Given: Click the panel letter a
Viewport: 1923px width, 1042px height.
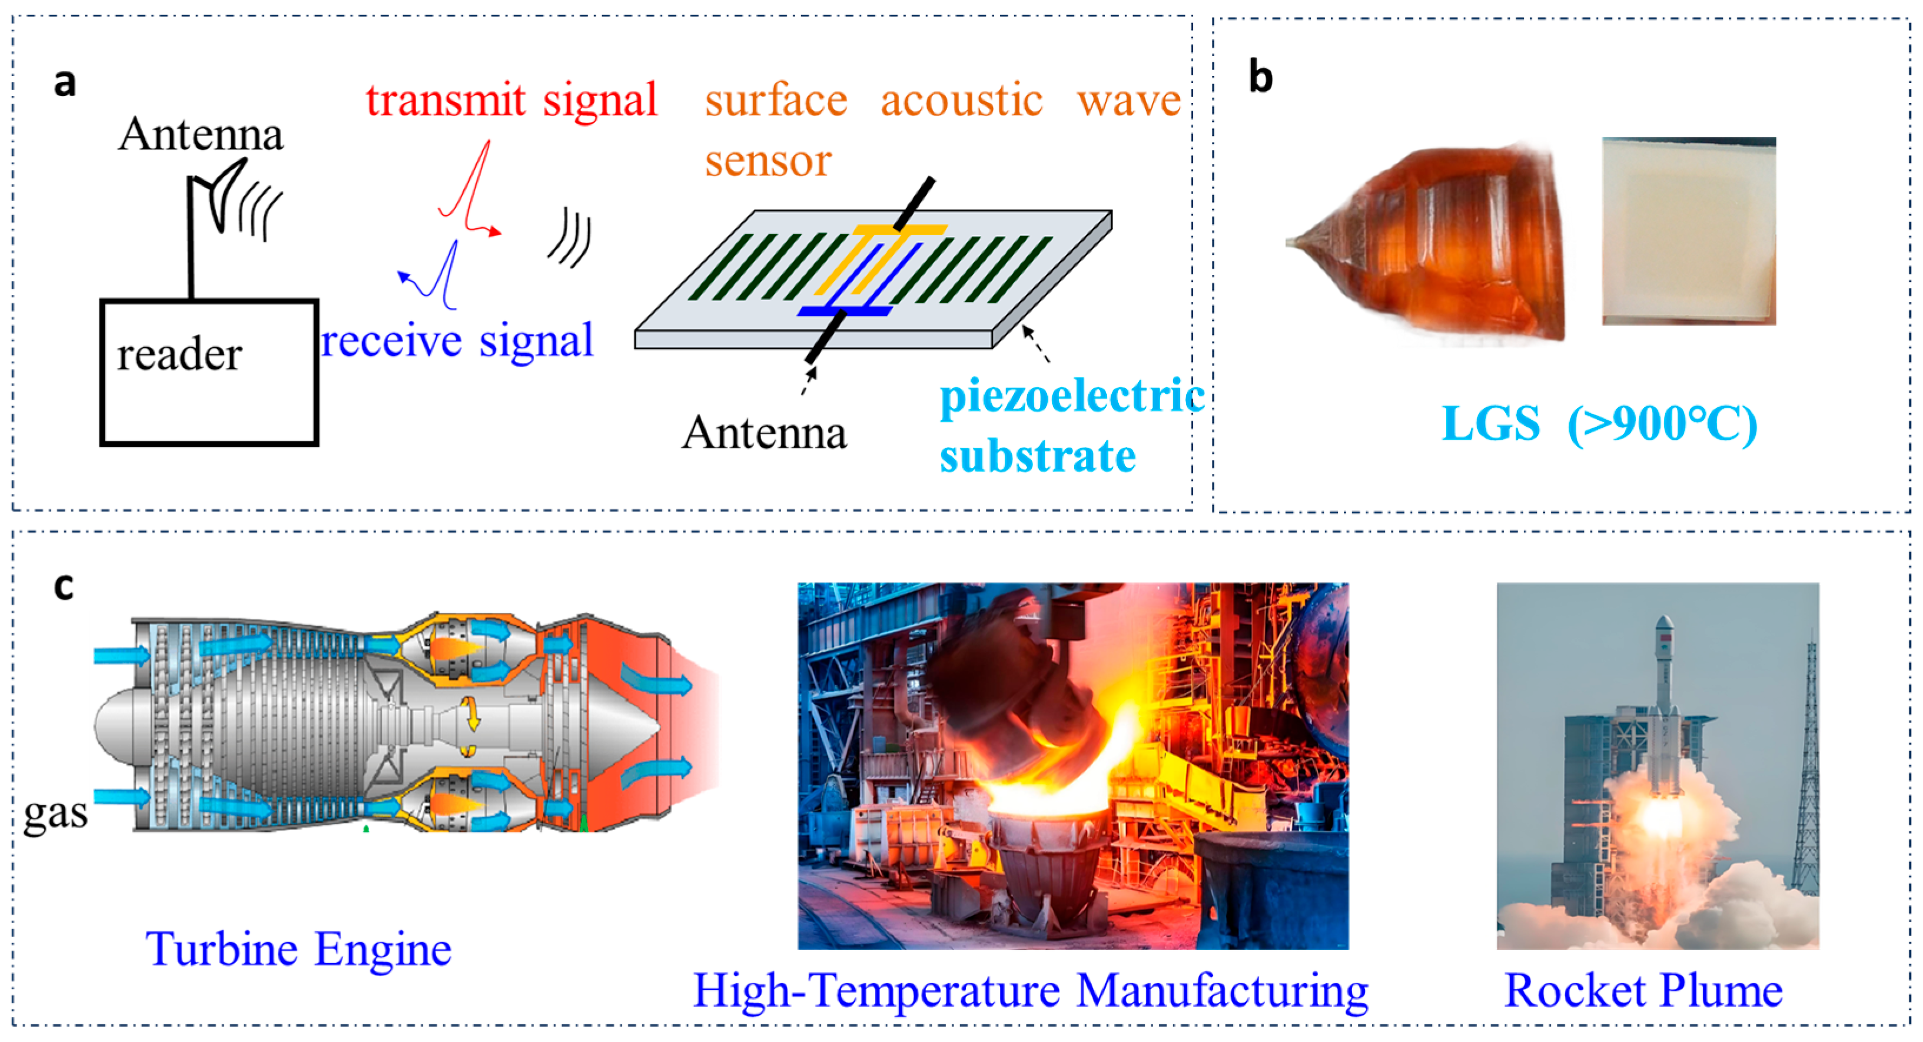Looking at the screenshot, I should [65, 82].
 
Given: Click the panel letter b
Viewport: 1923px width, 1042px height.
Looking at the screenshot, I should [1261, 77].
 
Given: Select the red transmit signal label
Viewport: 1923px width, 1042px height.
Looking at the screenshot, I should [512, 100].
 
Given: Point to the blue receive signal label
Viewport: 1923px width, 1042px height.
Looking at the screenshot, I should [457, 341].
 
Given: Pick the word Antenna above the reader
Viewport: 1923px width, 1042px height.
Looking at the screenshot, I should [201, 134].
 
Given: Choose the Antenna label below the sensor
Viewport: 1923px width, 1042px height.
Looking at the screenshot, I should [763, 433].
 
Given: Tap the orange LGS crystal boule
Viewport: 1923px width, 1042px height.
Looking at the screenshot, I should [1441, 243].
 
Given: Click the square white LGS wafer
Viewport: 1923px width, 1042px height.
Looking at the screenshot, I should [1689, 231].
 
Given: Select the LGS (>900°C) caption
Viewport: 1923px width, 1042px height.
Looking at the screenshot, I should [1599, 424].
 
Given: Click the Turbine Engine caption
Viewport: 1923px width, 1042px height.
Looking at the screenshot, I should [298, 950].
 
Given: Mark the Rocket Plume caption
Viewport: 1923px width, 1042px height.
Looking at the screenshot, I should [1643, 991].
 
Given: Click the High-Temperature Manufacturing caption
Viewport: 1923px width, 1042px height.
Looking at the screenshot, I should [1030, 991].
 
